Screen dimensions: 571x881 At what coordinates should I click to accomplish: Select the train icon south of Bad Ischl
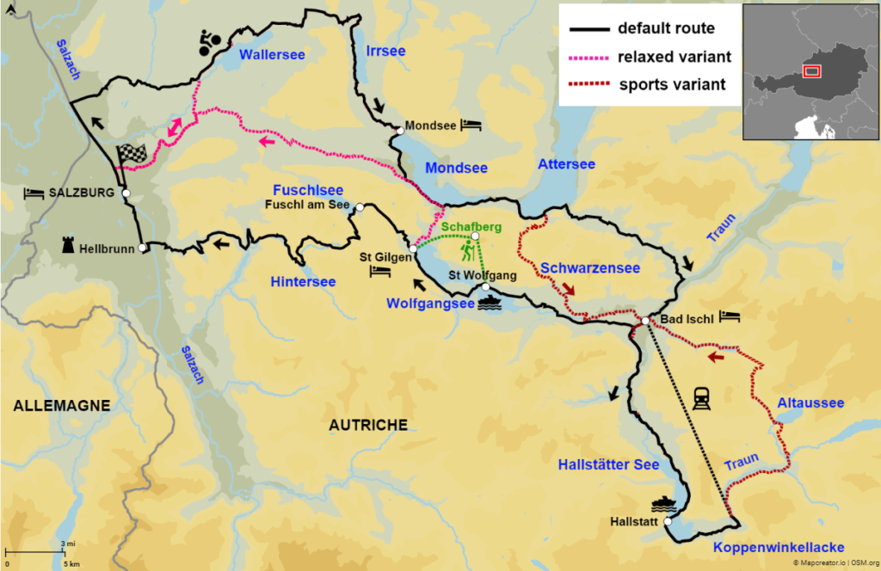[700, 397]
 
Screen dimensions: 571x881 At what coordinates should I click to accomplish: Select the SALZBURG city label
[83, 193]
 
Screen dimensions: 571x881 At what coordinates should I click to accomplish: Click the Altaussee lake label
[810, 402]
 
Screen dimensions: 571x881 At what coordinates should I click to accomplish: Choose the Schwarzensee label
[590, 268]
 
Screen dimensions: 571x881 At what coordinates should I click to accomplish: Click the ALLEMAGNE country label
[61, 405]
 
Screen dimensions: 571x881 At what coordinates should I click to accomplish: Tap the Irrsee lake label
[385, 51]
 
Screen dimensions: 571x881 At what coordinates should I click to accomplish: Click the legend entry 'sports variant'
[672, 84]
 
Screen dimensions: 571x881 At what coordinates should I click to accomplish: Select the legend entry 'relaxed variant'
[675, 57]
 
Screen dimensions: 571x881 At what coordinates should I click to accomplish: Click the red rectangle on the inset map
[812, 71]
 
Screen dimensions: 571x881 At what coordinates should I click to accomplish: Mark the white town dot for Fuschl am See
[360, 207]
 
